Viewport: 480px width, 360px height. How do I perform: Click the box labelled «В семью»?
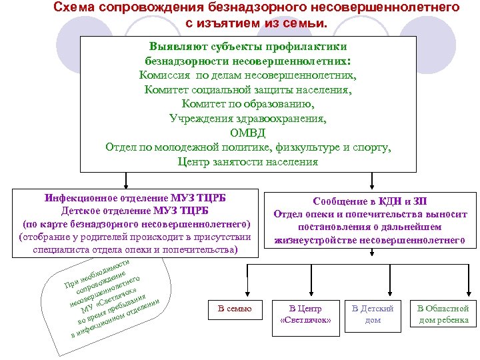coord(235,309)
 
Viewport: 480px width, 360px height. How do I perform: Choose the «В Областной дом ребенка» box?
coord(443,314)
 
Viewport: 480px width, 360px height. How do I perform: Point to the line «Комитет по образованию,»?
coord(247,104)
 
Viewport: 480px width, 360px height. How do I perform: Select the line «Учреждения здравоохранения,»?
coord(247,119)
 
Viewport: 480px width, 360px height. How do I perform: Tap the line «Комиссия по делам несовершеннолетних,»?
coord(247,75)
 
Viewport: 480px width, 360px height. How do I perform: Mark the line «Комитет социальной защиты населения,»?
coord(247,89)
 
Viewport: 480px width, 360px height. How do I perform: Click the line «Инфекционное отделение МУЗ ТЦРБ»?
coord(136,199)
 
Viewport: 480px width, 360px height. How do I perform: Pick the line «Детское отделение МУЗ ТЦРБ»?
coord(136,211)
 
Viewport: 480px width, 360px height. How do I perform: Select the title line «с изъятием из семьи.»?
coord(257,24)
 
